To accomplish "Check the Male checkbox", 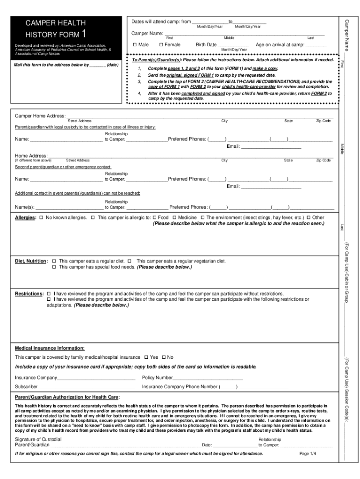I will coord(134,45).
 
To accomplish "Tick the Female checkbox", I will coord(161,45).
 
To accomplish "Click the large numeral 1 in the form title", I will coord(83,33).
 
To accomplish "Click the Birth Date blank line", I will coord(234,45).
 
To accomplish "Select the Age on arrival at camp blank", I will coord(316,45).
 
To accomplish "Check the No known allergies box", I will coord(41,218).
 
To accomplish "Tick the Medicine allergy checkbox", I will coord(174,218).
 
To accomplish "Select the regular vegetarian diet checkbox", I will coord(132,261).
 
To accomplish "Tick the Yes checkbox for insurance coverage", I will coord(146,357).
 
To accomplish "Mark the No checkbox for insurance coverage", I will coord(164,357).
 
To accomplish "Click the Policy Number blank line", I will coord(208,378).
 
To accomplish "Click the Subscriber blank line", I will coord(86,387).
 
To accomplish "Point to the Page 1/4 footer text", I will coord(308,453).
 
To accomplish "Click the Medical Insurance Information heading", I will coord(50,348).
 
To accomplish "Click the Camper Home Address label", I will coord(40,116).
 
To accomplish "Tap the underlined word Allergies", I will coord(25,218).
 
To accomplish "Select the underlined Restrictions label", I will coord(29,294).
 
